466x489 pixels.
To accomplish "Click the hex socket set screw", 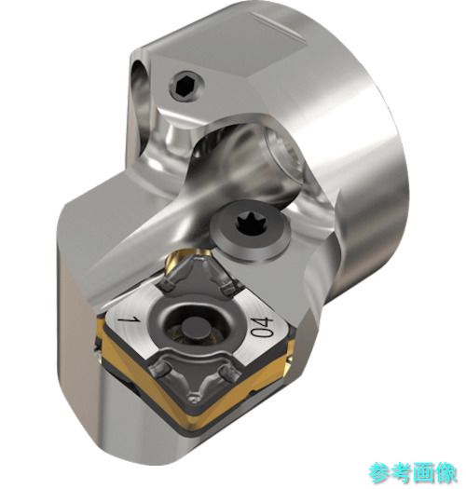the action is [186, 84].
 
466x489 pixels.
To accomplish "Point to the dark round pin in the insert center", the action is [190, 333].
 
